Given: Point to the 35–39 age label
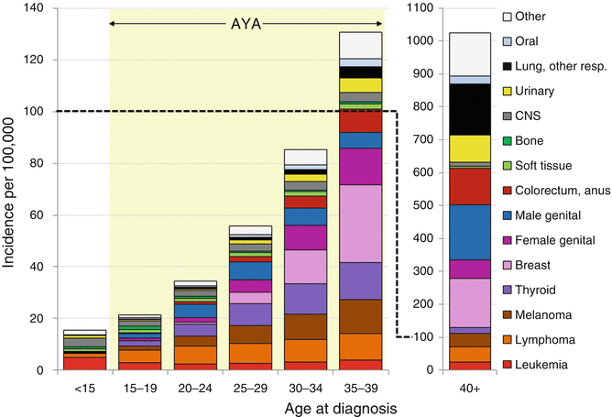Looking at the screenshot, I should [x=360, y=388].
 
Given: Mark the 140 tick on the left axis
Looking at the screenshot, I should [x=38, y=8].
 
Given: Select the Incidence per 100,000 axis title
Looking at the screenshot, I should [x=11, y=188].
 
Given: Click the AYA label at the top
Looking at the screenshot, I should [x=246, y=18].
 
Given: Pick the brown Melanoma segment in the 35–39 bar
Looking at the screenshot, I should [x=360, y=316].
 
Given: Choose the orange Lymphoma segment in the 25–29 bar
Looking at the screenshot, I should [x=250, y=353].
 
